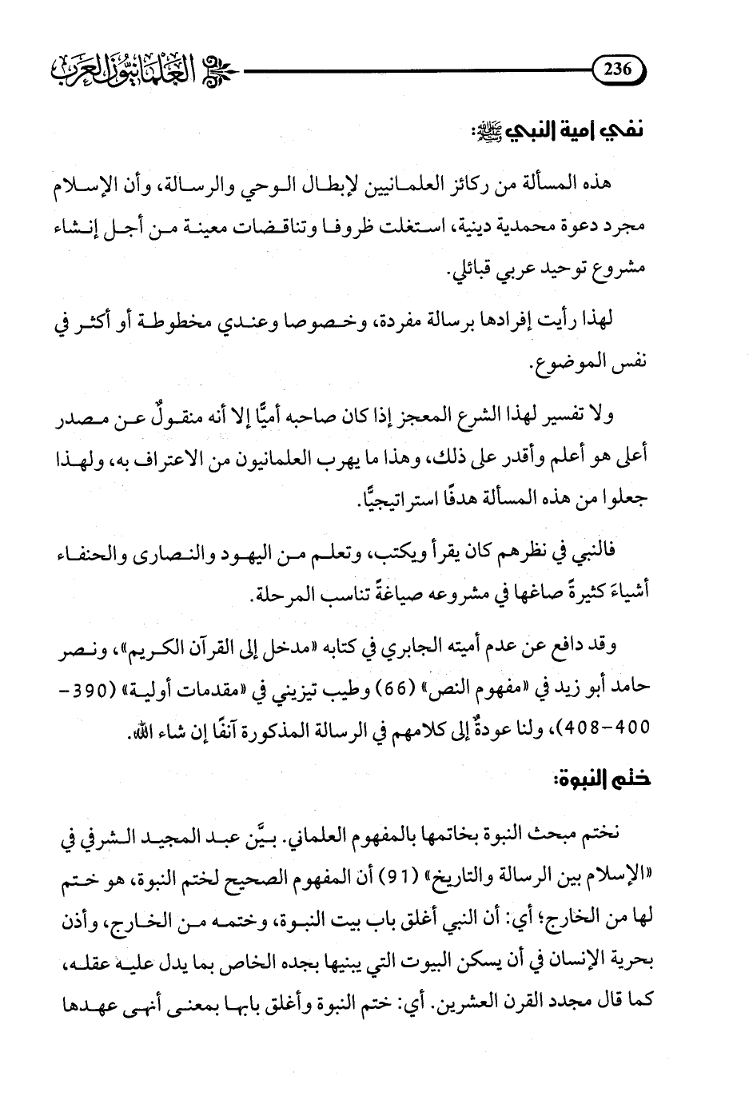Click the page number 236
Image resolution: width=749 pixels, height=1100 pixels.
click(x=616, y=70)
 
